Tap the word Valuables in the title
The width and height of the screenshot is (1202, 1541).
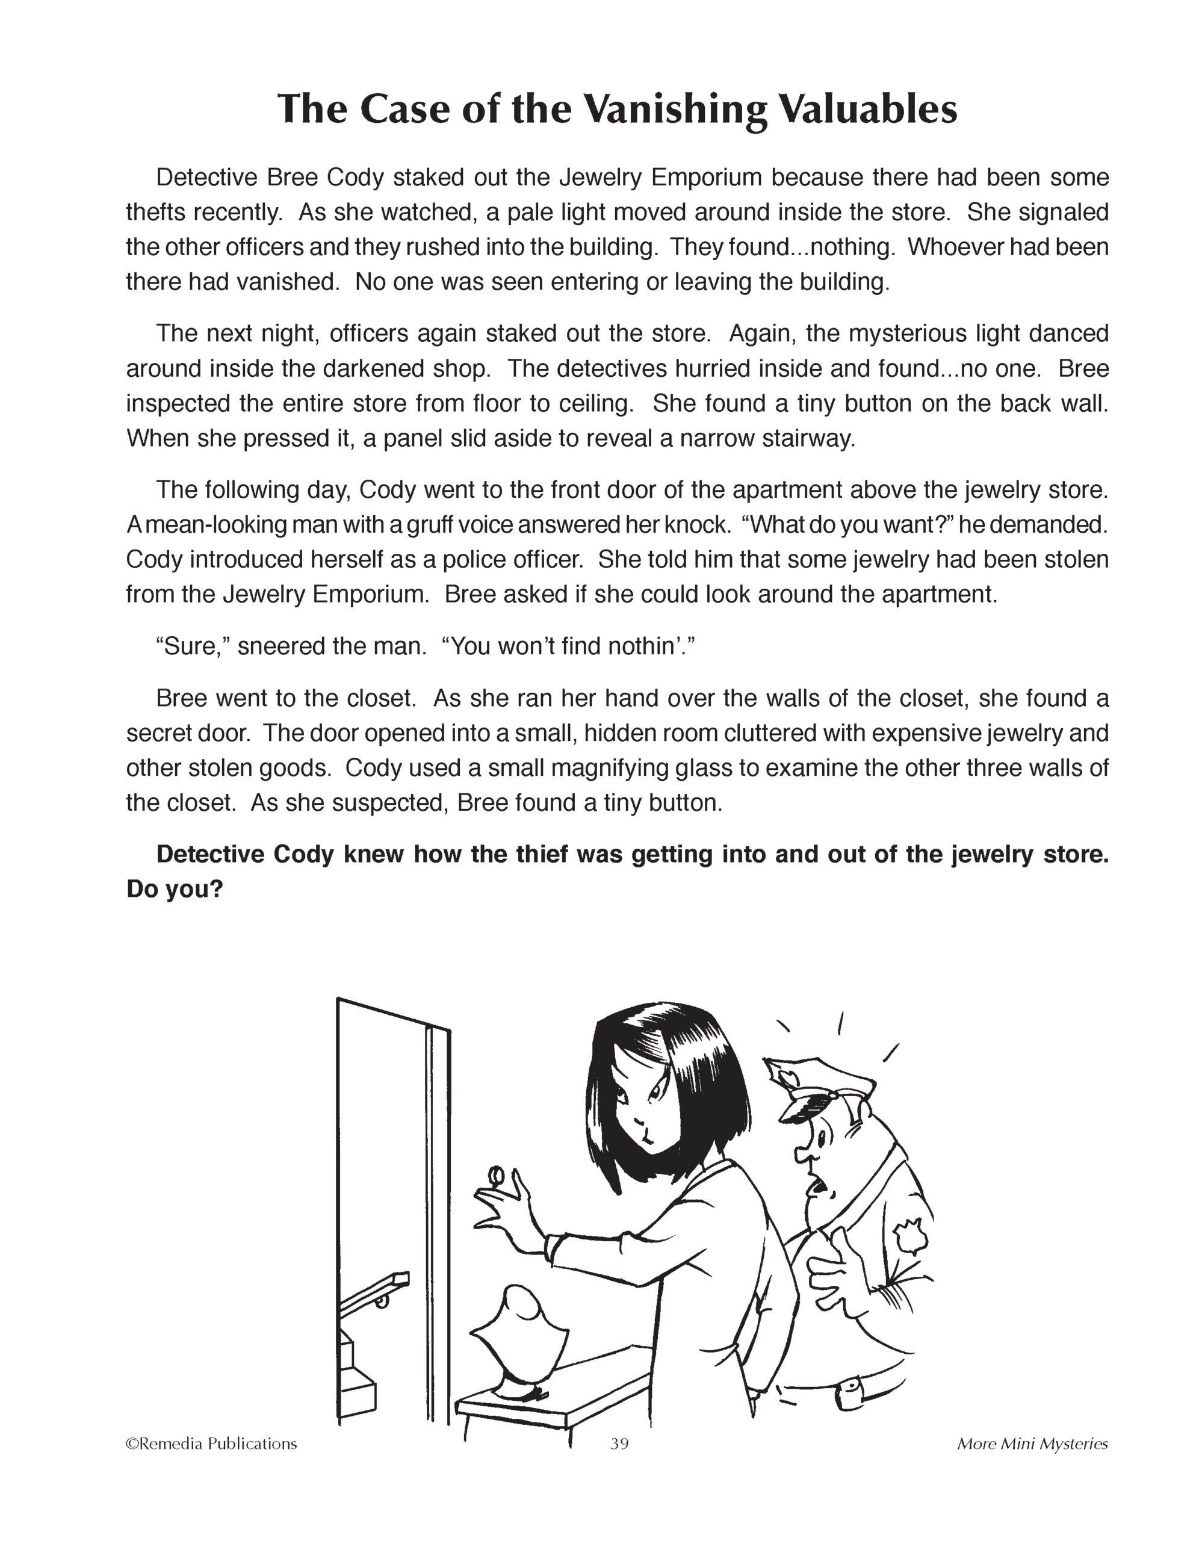(x=867, y=110)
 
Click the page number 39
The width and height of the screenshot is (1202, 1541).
(x=619, y=1443)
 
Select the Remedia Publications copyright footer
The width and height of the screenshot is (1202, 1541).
(x=211, y=1443)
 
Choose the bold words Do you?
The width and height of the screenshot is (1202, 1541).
(x=174, y=889)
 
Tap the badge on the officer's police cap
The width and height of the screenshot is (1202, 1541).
(x=784, y=1079)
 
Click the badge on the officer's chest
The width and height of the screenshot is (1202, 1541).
(x=907, y=1236)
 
